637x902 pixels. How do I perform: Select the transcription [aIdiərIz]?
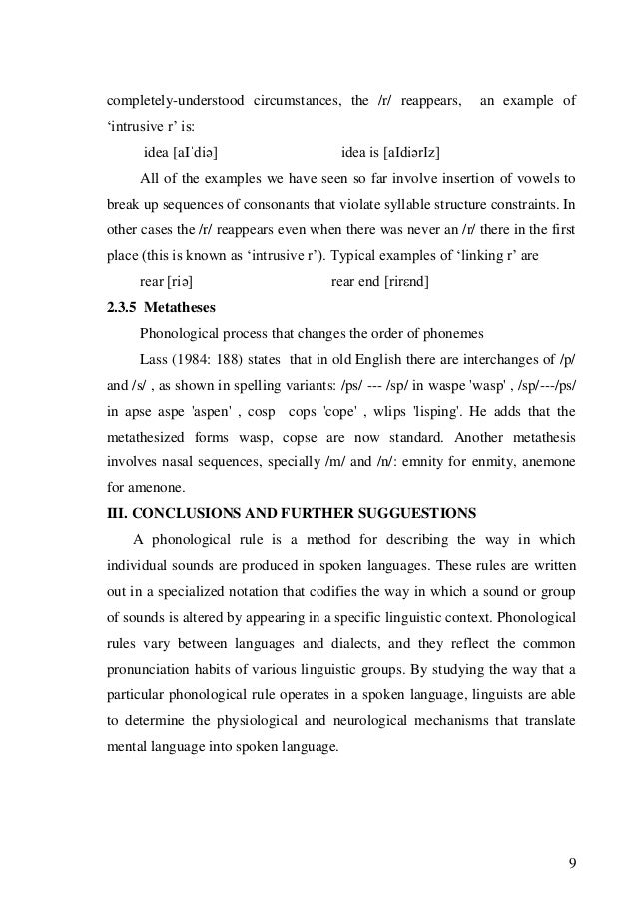click(x=406, y=152)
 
